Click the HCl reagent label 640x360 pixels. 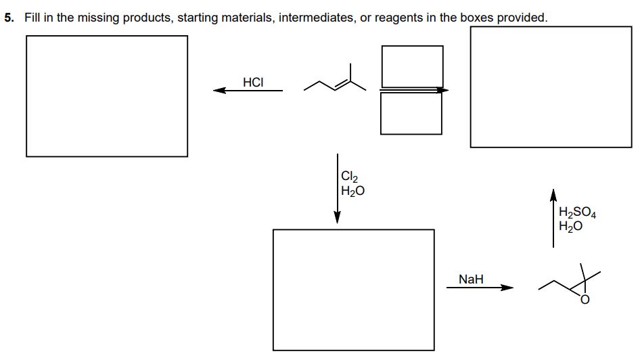253,82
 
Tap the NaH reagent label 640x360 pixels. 471,278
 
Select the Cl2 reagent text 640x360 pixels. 349,179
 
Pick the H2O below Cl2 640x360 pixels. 353,192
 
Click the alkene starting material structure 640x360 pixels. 331,80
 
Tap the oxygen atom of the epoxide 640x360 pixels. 585,300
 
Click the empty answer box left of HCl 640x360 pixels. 107,95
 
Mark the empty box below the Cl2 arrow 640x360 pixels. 353,289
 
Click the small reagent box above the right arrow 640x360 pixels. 412,66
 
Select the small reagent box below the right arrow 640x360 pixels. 411,113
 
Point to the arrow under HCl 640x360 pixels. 248,90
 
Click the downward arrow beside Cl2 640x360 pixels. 337,189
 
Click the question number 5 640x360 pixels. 9,18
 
